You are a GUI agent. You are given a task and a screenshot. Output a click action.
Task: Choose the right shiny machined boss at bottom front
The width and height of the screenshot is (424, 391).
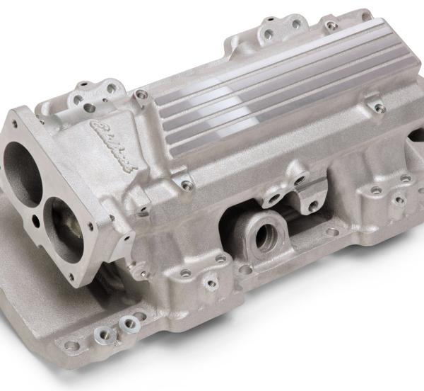tap(129, 324)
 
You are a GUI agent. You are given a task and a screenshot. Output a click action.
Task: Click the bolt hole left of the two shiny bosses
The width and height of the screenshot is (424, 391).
tap(73, 346)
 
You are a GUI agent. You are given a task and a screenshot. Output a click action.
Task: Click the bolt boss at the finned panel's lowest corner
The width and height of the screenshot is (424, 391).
tap(186, 186)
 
